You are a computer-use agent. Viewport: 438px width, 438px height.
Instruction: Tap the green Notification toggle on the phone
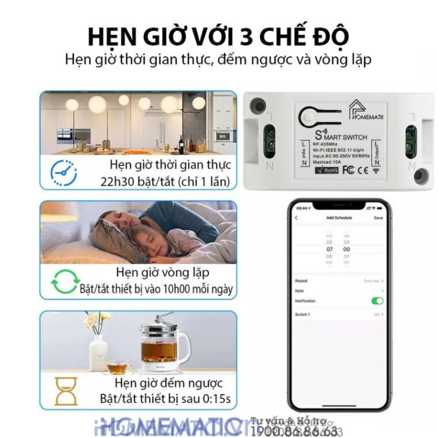[x=377, y=301]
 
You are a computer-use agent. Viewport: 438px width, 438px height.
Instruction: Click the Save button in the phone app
[x=378, y=218]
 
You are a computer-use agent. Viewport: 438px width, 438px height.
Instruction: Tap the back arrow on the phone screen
[x=296, y=218]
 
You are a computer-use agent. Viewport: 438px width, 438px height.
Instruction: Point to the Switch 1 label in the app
[x=303, y=314]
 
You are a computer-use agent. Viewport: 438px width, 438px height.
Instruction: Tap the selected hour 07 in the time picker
[x=330, y=250]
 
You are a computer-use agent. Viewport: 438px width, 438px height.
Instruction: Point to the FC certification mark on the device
[x=348, y=170]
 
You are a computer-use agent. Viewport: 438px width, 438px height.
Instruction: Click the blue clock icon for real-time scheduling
[x=63, y=171]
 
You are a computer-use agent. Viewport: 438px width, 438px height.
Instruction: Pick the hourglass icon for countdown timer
[x=66, y=391]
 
